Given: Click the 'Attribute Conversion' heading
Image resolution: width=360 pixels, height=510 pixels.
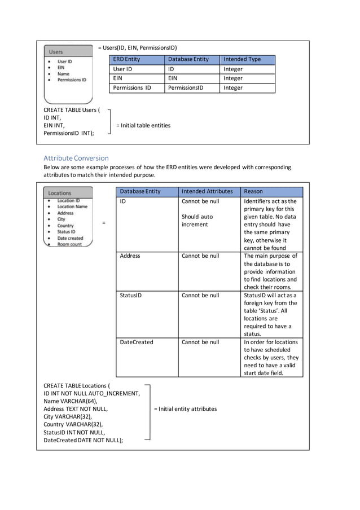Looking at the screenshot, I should pos(76,158).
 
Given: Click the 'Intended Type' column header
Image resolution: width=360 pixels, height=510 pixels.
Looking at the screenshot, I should pos(242,59).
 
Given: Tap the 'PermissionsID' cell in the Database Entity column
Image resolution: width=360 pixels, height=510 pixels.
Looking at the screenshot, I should pos(186,88).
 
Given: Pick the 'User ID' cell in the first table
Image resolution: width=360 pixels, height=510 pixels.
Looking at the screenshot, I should pos(122,69).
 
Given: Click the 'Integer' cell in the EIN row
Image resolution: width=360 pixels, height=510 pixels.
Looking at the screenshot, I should pos(233,78).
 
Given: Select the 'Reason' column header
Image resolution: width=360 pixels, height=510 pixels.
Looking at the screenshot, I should pos(253,192).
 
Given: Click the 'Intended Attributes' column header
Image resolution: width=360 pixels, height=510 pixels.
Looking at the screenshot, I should pos(207,192).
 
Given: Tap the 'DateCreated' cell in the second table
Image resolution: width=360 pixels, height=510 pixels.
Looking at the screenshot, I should pos(136,342).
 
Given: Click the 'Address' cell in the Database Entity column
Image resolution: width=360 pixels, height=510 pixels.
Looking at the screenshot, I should pos(130,256).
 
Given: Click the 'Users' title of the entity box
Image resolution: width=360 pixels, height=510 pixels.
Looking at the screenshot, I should pos(56,52).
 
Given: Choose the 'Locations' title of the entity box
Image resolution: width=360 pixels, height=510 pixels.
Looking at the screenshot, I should pos(59,193).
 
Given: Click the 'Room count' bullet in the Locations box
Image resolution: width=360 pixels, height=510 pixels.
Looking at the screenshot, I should pos(69,244).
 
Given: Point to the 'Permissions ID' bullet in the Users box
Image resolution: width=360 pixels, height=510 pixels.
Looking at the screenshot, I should pos(72,80).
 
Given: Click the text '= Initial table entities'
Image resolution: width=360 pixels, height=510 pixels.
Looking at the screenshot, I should pos(143,125).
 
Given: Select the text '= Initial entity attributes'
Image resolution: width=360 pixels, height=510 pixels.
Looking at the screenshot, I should pos(185,409).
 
